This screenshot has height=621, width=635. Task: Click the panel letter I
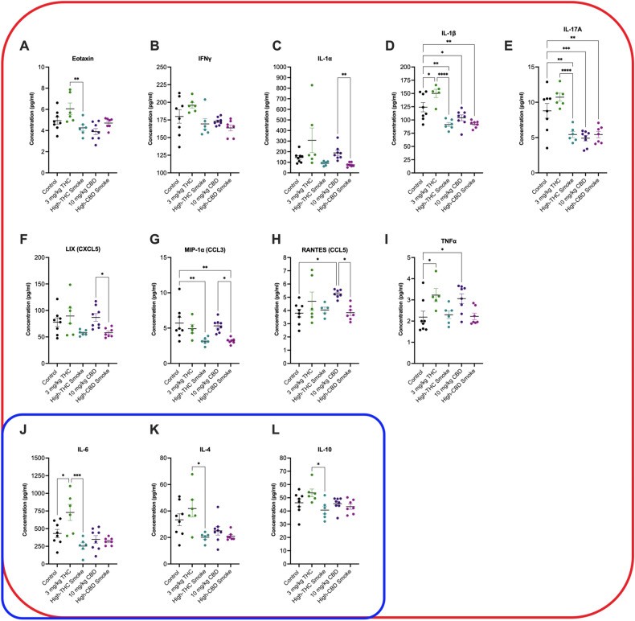click(388, 216)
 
